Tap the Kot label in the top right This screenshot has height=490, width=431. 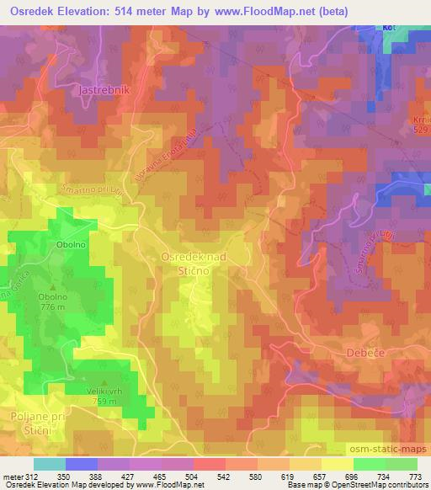[389, 28]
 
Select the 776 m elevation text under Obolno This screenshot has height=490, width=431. [52, 307]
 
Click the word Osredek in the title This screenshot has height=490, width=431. [35, 9]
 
